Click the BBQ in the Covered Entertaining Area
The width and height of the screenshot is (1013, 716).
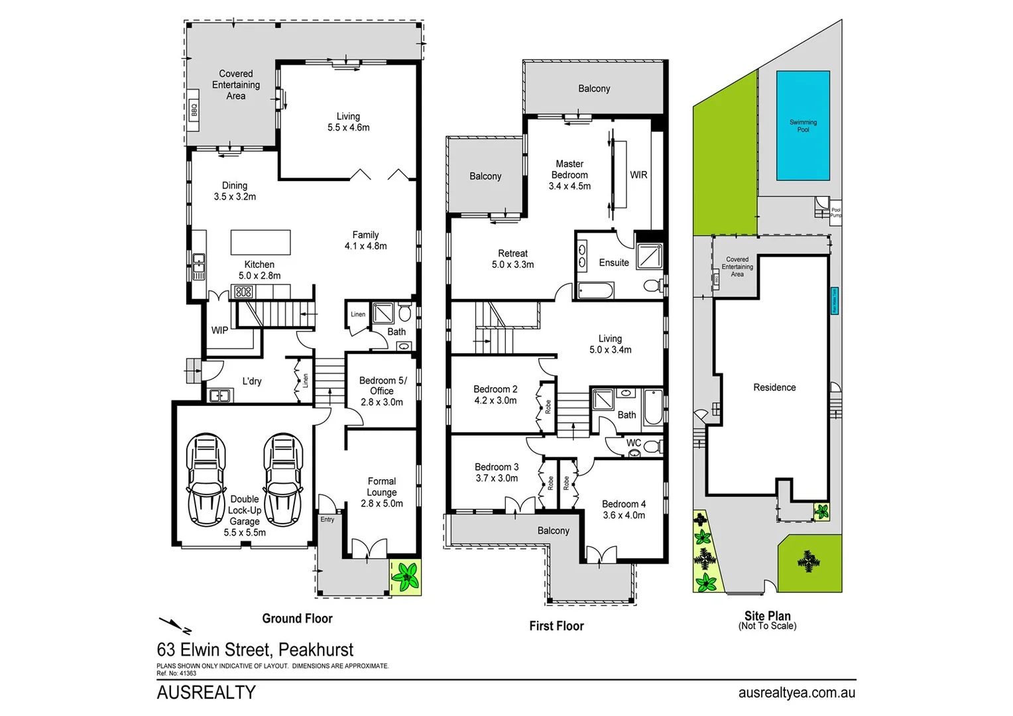[x=194, y=110]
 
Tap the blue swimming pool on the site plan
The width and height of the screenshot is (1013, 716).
[x=803, y=126]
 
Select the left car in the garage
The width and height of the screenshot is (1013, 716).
[x=206, y=479]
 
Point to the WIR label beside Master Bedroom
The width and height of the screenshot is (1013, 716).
[x=638, y=175]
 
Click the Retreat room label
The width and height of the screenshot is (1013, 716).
[x=512, y=259]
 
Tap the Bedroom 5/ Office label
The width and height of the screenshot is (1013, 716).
[x=383, y=391]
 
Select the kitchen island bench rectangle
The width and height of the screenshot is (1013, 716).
[x=261, y=242]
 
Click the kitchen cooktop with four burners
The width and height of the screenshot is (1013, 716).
[x=243, y=291]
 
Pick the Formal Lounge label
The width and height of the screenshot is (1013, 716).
[x=382, y=492]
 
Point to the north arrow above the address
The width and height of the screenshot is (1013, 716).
[x=175, y=625]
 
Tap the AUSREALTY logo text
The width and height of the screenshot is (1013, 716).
[x=206, y=693]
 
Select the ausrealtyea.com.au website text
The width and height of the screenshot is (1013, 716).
[x=796, y=693]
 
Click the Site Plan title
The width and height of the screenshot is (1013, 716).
[x=767, y=617]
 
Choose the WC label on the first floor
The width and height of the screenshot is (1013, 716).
[x=634, y=443]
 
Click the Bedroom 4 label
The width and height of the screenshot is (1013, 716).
[x=623, y=509]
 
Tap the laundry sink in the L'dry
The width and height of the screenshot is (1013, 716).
[x=219, y=396]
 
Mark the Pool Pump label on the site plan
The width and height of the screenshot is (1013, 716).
[x=835, y=212]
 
